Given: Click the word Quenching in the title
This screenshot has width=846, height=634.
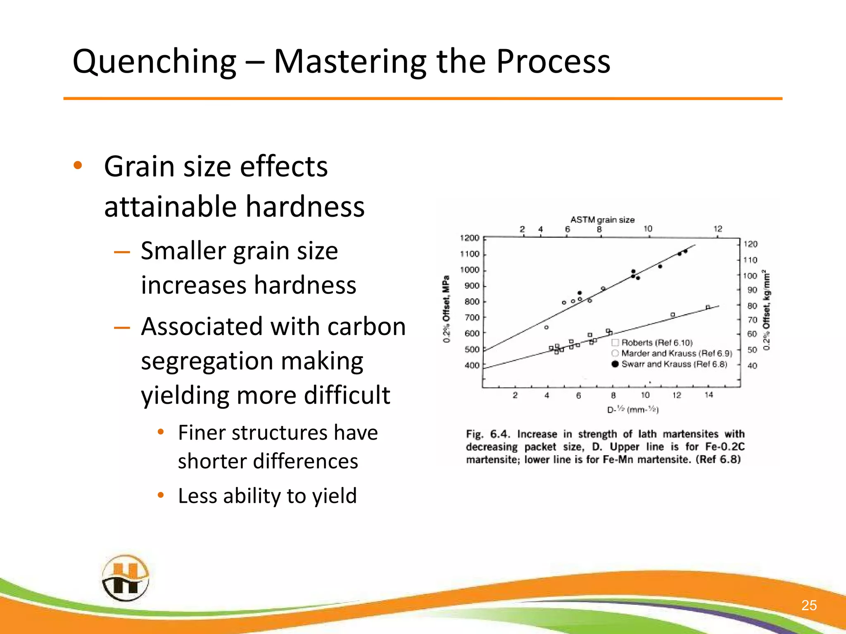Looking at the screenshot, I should (x=154, y=62).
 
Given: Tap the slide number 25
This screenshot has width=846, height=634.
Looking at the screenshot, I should (x=808, y=605).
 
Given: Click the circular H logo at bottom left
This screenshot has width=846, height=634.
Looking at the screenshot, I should (x=125, y=578).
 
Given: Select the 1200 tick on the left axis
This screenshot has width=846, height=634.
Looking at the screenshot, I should (x=469, y=238).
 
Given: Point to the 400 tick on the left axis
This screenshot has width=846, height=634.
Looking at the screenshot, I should (x=472, y=365).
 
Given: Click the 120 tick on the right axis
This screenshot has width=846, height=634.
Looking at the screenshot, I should (x=750, y=244).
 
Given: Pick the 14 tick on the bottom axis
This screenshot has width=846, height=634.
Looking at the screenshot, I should (x=708, y=395).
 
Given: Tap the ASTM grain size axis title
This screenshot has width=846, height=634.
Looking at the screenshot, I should (x=602, y=220).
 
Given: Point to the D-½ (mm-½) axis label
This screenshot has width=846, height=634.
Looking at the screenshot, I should (x=632, y=410).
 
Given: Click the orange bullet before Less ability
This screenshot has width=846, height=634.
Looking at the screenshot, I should (x=161, y=495).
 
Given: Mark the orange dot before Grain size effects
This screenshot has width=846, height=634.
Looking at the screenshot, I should (x=78, y=166).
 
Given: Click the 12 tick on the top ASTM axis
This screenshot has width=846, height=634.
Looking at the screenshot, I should (x=718, y=229).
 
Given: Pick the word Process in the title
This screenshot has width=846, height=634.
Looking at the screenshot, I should (x=553, y=62).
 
